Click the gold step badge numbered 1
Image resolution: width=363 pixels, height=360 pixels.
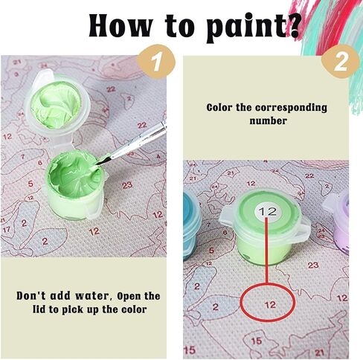158,61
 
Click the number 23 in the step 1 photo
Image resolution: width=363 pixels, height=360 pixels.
127,185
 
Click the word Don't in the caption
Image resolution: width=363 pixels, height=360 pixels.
31,295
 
